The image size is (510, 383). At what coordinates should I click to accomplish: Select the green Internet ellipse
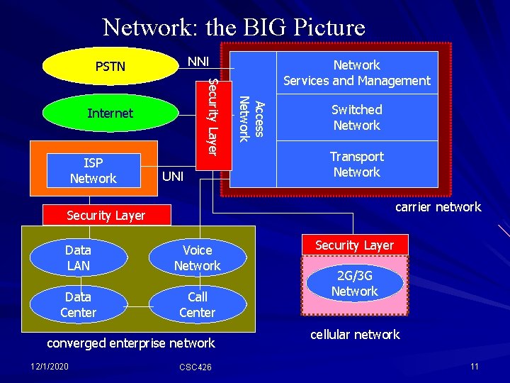[x=110, y=113]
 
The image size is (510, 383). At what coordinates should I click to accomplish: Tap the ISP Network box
[x=93, y=171]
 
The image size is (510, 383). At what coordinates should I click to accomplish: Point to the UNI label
[x=174, y=175]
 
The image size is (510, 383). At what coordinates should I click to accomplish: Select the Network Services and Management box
[x=356, y=72]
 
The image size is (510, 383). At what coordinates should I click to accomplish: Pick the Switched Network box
[x=356, y=118]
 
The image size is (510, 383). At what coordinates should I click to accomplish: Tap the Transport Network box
[x=356, y=165]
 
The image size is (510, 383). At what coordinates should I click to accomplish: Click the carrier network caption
[x=438, y=207]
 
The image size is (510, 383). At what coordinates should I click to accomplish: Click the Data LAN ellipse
[x=78, y=258]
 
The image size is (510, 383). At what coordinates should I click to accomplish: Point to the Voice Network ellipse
[x=197, y=258]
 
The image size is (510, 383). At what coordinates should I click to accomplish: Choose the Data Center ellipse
[x=78, y=305]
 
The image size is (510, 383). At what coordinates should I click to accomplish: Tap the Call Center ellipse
[x=197, y=305]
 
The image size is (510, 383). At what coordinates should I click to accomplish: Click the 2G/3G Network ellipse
[x=355, y=284]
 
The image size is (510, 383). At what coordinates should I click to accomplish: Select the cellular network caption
[x=356, y=335]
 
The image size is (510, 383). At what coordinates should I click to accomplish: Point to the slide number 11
[x=474, y=365]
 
